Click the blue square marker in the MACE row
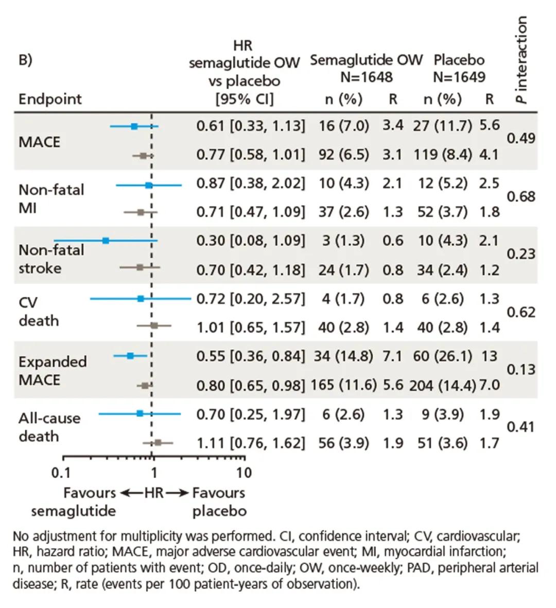pyautogui.click(x=134, y=126)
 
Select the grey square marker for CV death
pyautogui.click(x=154, y=326)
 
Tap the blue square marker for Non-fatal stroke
pyautogui.click(x=106, y=241)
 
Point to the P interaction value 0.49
pyautogui.click(x=521, y=139)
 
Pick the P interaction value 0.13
pyautogui.click(x=521, y=369)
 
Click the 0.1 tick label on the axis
pyautogui.click(x=61, y=472)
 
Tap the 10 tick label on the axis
pyautogui.click(x=244, y=472)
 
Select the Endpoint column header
pyautogui.click(x=50, y=99)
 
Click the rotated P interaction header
pyautogui.click(x=522, y=60)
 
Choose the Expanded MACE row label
pyautogui.click(x=53, y=370)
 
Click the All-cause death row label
pyautogui.click(x=49, y=427)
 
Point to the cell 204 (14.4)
pyautogui.click(x=442, y=385)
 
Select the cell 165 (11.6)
pyautogui.click(x=344, y=385)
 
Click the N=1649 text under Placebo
pyautogui.click(x=459, y=77)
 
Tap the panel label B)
pyautogui.click(x=25, y=60)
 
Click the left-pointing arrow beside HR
pyautogui.click(x=132, y=493)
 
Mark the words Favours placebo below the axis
pyautogui.click(x=219, y=502)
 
